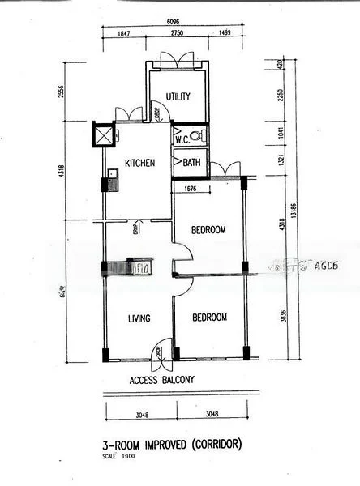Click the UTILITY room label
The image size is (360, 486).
[x=178, y=97]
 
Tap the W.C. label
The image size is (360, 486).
[x=184, y=139]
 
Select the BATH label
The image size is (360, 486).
[x=191, y=163]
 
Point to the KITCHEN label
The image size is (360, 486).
[x=139, y=164]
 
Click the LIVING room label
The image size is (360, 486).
[x=139, y=318]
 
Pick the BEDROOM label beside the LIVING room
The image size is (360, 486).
[x=209, y=318]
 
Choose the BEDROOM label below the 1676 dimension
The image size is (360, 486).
[x=208, y=230]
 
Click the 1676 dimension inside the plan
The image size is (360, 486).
[x=190, y=190]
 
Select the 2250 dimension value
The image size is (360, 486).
[x=282, y=99]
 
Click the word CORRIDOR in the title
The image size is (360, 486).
[x=212, y=445]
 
